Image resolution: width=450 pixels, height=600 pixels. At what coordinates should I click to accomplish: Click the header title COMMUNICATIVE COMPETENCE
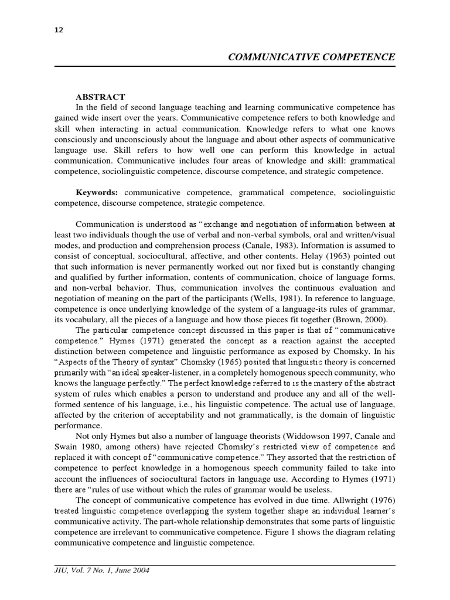311,57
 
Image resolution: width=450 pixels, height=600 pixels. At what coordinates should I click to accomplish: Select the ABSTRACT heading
100,97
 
